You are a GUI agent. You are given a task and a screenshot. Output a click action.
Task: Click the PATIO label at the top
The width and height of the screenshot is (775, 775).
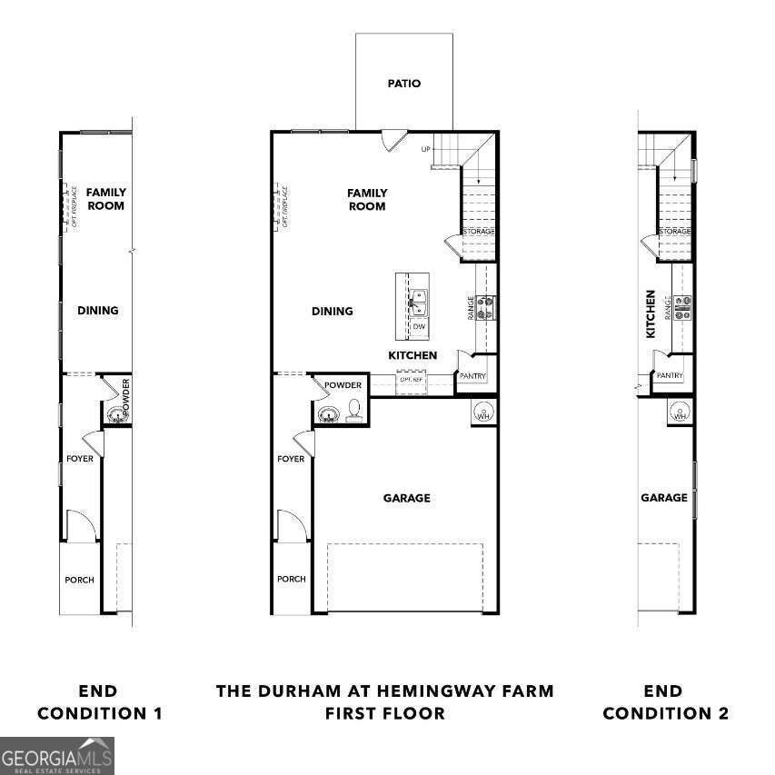click(403, 84)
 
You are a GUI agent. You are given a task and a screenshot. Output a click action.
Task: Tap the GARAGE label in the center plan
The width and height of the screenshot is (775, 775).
click(406, 498)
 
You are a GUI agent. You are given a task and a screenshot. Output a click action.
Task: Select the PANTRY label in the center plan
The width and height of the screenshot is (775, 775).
click(472, 376)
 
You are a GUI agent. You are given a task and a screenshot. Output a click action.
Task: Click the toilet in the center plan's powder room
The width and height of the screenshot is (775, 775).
click(353, 412)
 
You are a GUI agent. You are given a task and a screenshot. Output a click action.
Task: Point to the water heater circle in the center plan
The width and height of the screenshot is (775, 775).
click(484, 412)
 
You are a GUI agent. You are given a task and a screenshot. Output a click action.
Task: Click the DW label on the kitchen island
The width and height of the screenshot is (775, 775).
click(419, 326)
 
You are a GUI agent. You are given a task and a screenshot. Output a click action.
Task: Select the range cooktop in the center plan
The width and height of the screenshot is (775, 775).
click(486, 306)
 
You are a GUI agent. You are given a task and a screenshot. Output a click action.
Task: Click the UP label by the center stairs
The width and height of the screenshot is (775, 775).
click(424, 149)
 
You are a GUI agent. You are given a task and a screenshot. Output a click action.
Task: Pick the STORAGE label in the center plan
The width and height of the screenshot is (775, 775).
click(479, 232)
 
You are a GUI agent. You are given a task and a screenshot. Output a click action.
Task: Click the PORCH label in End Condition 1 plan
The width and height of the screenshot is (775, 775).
click(79, 580)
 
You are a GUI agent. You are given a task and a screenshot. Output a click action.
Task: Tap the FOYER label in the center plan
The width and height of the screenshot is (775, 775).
click(291, 459)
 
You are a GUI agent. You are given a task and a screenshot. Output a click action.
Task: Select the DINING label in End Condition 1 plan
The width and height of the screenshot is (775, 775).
click(97, 311)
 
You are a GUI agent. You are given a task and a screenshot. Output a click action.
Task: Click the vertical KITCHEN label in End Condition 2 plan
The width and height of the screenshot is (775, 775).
click(651, 314)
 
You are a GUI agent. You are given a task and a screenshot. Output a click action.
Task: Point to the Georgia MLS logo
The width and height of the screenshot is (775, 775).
click(57, 756)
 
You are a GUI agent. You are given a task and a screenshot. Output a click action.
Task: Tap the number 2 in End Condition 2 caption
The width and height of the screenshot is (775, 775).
click(722, 714)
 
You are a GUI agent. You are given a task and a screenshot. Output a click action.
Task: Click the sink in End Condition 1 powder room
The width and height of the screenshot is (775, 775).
click(115, 415)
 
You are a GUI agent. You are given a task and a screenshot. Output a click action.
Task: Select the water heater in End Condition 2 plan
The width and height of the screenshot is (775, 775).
click(680, 412)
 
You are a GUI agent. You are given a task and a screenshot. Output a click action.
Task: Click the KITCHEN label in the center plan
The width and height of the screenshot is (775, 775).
click(412, 355)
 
